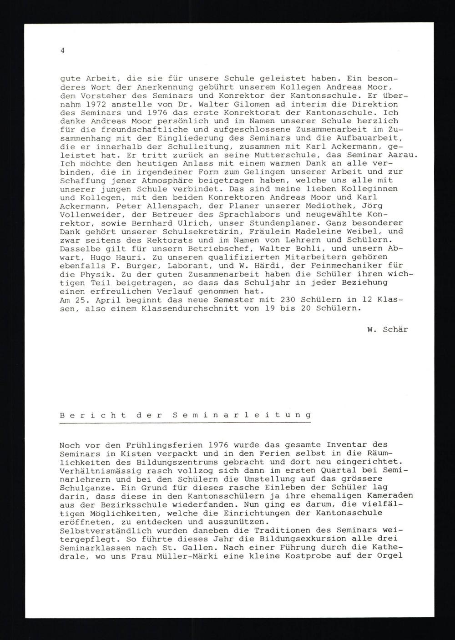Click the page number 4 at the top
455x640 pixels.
coord(62,51)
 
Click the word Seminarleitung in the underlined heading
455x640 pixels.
coord(243,415)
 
